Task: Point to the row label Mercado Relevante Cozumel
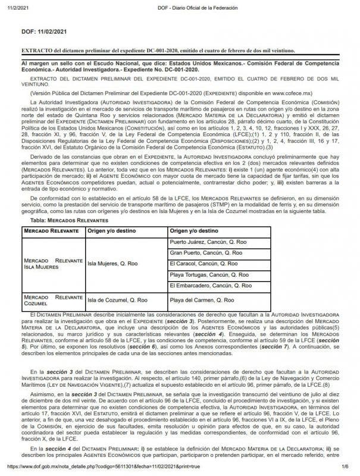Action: pos(52,299)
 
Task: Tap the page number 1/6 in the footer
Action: pos(345,468)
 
